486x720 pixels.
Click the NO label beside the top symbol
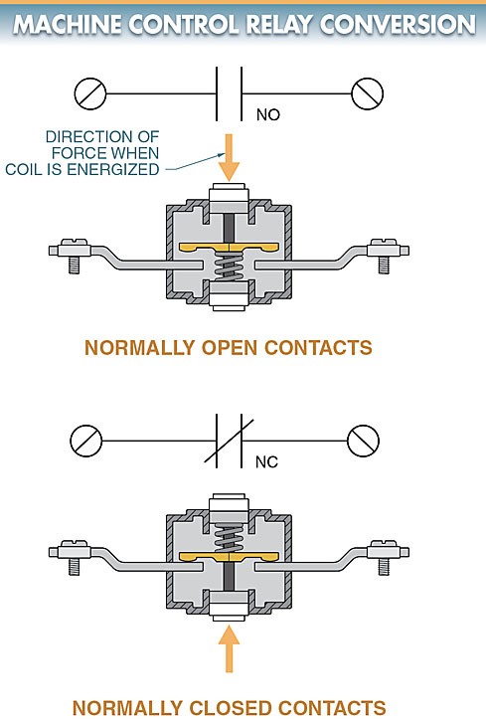(x=268, y=114)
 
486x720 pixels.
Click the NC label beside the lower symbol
(x=266, y=461)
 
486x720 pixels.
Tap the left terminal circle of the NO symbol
(x=90, y=93)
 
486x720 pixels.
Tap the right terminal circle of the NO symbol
(x=367, y=93)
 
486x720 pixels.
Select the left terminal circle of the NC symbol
(x=85, y=441)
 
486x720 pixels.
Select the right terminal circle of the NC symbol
(x=363, y=441)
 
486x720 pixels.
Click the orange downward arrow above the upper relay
(x=229, y=157)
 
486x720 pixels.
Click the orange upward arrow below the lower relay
(x=229, y=648)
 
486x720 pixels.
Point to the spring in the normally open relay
(x=229, y=268)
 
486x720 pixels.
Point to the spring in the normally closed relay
(x=229, y=539)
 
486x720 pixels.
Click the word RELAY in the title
(x=281, y=25)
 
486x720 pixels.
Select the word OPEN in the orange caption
(x=229, y=348)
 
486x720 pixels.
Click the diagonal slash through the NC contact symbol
(x=229, y=441)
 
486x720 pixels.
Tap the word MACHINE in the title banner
(x=68, y=25)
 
